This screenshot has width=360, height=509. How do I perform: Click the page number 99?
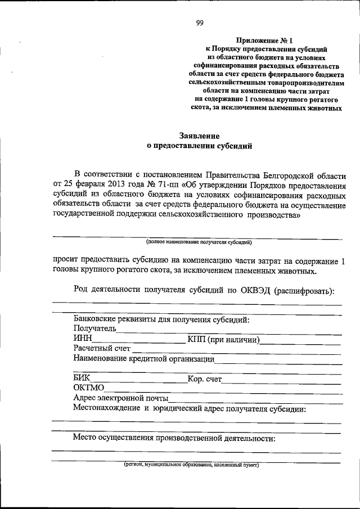[x=199, y=23]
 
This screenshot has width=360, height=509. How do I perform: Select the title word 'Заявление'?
[x=199, y=136]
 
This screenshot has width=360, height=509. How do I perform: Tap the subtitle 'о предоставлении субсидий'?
[x=199, y=145]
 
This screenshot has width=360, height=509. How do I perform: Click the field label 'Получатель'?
[x=94, y=329]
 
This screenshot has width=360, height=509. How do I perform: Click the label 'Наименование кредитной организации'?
[x=143, y=359]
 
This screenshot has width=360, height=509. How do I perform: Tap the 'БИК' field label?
[x=82, y=379]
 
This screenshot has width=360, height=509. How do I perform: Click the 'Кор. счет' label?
[x=205, y=379]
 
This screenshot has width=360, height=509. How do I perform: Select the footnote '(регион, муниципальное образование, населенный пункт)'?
[x=191, y=466]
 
